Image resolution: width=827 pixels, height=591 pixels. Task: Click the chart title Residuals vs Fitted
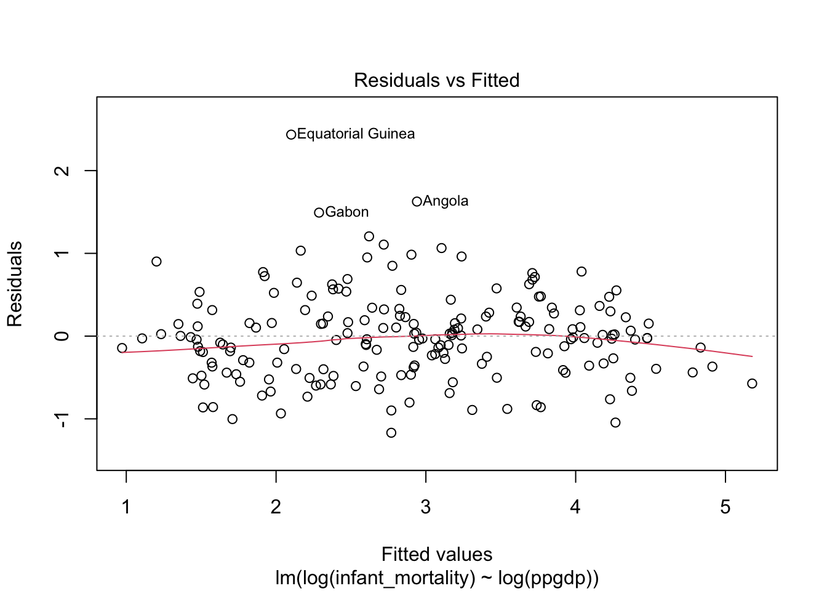(x=436, y=80)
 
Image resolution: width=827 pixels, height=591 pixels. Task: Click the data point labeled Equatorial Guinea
(x=292, y=134)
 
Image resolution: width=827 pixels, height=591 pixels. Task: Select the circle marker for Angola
(x=417, y=201)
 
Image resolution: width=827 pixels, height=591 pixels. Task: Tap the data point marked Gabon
(x=319, y=212)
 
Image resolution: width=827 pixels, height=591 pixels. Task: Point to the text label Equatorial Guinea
(x=356, y=134)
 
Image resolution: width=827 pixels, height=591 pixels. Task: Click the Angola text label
(x=445, y=201)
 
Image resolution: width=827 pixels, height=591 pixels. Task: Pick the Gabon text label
(x=347, y=212)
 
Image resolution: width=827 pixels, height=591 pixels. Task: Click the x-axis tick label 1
(x=126, y=507)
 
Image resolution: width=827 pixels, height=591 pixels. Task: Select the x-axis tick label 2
(x=276, y=507)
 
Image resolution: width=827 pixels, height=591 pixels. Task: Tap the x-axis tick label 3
(x=426, y=507)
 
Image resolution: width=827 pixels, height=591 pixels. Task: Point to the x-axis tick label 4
(x=575, y=507)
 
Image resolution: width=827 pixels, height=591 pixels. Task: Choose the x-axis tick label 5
(x=725, y=507)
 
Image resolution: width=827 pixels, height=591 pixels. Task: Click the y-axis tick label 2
(x=62, y=171)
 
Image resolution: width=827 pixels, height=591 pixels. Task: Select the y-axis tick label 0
(x=62, y=336)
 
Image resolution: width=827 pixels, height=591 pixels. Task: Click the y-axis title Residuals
(x=15, y=284)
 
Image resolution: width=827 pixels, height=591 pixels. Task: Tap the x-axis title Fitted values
(x=436, y=555)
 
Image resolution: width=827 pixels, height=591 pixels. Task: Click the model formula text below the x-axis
(x=436, y=578)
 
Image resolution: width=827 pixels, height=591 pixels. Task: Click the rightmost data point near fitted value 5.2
(x=752, y=384)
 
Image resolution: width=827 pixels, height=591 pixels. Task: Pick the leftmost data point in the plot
(x=122, y=348)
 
